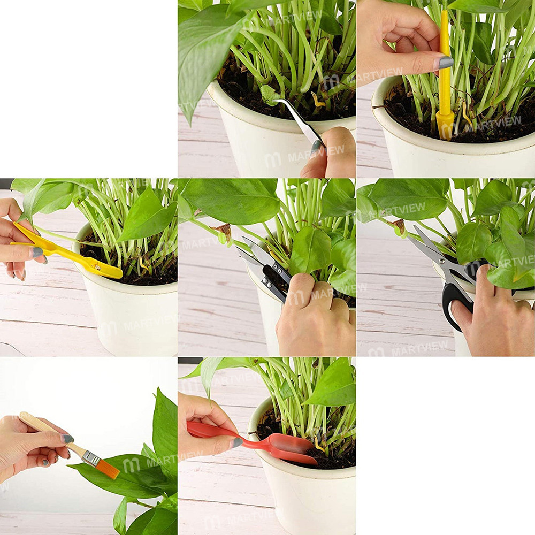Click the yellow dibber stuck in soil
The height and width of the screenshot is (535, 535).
tap(445, 80)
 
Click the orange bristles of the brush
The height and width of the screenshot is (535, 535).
tap(107, 469)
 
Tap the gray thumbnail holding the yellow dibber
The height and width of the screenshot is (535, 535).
tap(446, 63)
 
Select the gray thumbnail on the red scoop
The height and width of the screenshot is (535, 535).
tap(236, 442)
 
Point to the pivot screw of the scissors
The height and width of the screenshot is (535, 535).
tap(443, 262)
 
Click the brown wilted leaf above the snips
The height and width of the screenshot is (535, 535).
tap(223, 230)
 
